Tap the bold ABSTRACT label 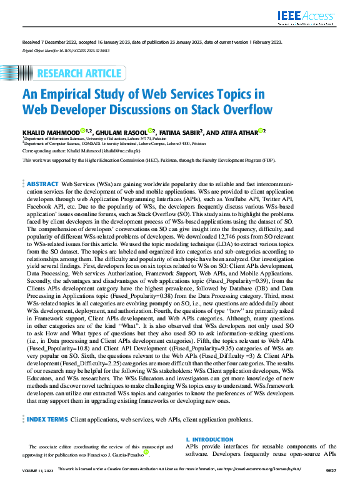click(x=42, y=185)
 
